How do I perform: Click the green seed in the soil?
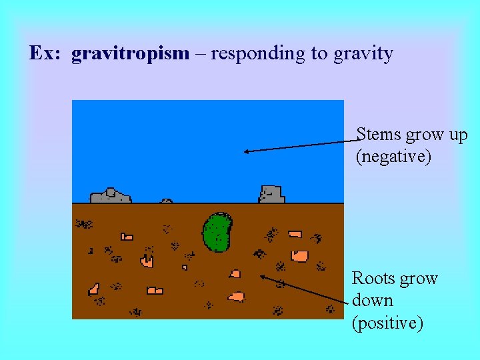[x=216, y=232]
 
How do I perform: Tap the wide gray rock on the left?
[x=110, y=196]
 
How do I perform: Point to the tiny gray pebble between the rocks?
[x=167, y=200]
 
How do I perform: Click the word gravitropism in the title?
[x=131, y=53]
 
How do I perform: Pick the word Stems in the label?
[x=379, y=135]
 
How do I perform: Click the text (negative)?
[x=393, y=157]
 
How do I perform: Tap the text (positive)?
[x=387, y=323]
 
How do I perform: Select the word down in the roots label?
[x=372, y=301]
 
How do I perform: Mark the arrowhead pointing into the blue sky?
[x=245, y=151]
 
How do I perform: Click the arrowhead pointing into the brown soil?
[x=263, y=275]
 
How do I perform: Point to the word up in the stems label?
[x=458, y=135]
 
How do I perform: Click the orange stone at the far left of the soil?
[x=94, y=289]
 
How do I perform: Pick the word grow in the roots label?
[x=419, y=278]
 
